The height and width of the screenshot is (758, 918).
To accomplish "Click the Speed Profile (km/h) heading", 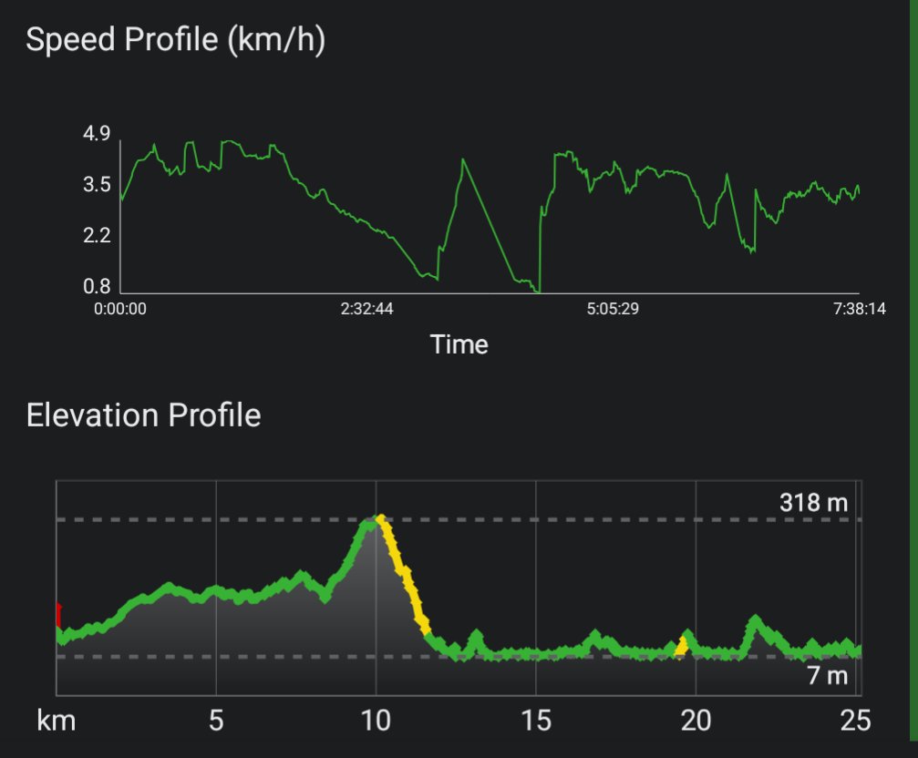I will [x=175, y=41].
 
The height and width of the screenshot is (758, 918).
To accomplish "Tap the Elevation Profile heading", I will [x=144, y=415].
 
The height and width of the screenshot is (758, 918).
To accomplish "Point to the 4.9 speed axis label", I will [x=97, y=135].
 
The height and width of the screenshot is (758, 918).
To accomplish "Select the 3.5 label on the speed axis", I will [x=97, y=186].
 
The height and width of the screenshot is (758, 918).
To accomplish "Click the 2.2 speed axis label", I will [x=97, y=237].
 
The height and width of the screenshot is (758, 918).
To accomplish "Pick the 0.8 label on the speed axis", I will [x=97, y=287].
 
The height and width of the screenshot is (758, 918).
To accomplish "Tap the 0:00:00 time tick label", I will [x=120, y=310].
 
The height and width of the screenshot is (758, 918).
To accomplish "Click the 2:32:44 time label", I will [x=366, y=310].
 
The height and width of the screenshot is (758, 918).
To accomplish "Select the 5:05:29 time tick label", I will [x=613, y=310].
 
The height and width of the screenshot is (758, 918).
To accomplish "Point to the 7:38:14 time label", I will [x=859, y=310].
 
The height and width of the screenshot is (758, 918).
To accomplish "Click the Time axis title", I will [x=459, y=345].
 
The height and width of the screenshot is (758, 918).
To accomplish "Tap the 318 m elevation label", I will [x=813, y=503].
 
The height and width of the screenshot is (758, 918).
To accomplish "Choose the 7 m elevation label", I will [x=828, y=676].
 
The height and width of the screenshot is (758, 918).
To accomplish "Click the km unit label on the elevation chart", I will [x=56, y=722].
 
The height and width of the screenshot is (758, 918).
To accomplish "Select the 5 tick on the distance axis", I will [x=216, y=722].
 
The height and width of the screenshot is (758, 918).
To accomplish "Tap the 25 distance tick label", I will [x=855, y=722].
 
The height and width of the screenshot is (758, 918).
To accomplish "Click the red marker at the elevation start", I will [x=58, y=614].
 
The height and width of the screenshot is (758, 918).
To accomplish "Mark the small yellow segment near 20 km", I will [x=681, y=645].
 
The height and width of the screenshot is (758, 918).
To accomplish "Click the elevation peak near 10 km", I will [x=376, y=520].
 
